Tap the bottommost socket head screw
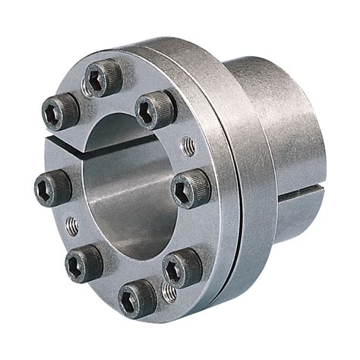pyautogui.click(x=137, y=297)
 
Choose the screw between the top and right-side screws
pyautogui.click(x=156, y=110)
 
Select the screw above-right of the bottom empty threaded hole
pyautogui.click(x=182, y=269)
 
